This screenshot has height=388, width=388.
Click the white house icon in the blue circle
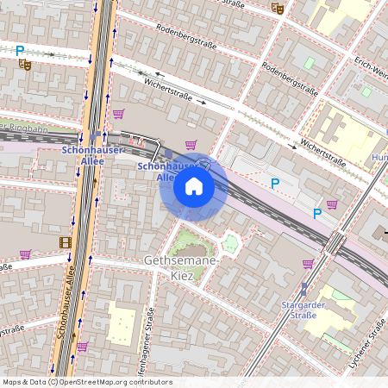(x=194, y=186)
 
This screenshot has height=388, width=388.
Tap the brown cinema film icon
(x=66, y=241)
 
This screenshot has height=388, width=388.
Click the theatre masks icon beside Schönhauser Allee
(x=25, y=64)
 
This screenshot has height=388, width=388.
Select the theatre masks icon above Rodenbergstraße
(x=277, y=8)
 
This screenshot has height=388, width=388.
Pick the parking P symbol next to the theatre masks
(x=20, y=51)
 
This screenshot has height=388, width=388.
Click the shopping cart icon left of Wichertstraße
(x=118, y=113)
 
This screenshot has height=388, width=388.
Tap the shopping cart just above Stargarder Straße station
(x=308, y=264)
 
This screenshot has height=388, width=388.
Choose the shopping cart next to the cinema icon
(x=26, y=254)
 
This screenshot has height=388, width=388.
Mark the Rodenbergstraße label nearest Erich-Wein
(x=290, y=81)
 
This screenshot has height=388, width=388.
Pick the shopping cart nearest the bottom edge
(x=83, y=346)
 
